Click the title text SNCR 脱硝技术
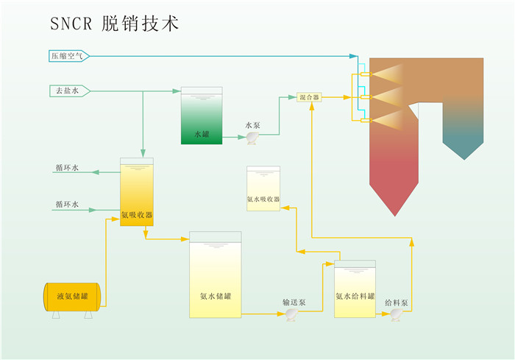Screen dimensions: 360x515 point(114,24)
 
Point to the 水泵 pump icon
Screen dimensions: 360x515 point(252,137)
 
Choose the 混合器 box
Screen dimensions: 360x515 point(309,96)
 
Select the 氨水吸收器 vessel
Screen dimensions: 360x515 point(263,189)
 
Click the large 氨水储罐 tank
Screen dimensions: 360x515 point(215,275)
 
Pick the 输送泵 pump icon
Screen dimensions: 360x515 point(291,314)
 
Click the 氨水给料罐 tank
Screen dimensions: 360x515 point(355,289)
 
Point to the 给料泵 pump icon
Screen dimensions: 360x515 point(396,314)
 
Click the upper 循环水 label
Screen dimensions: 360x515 point(67,168)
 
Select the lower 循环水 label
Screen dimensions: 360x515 point(67,205)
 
